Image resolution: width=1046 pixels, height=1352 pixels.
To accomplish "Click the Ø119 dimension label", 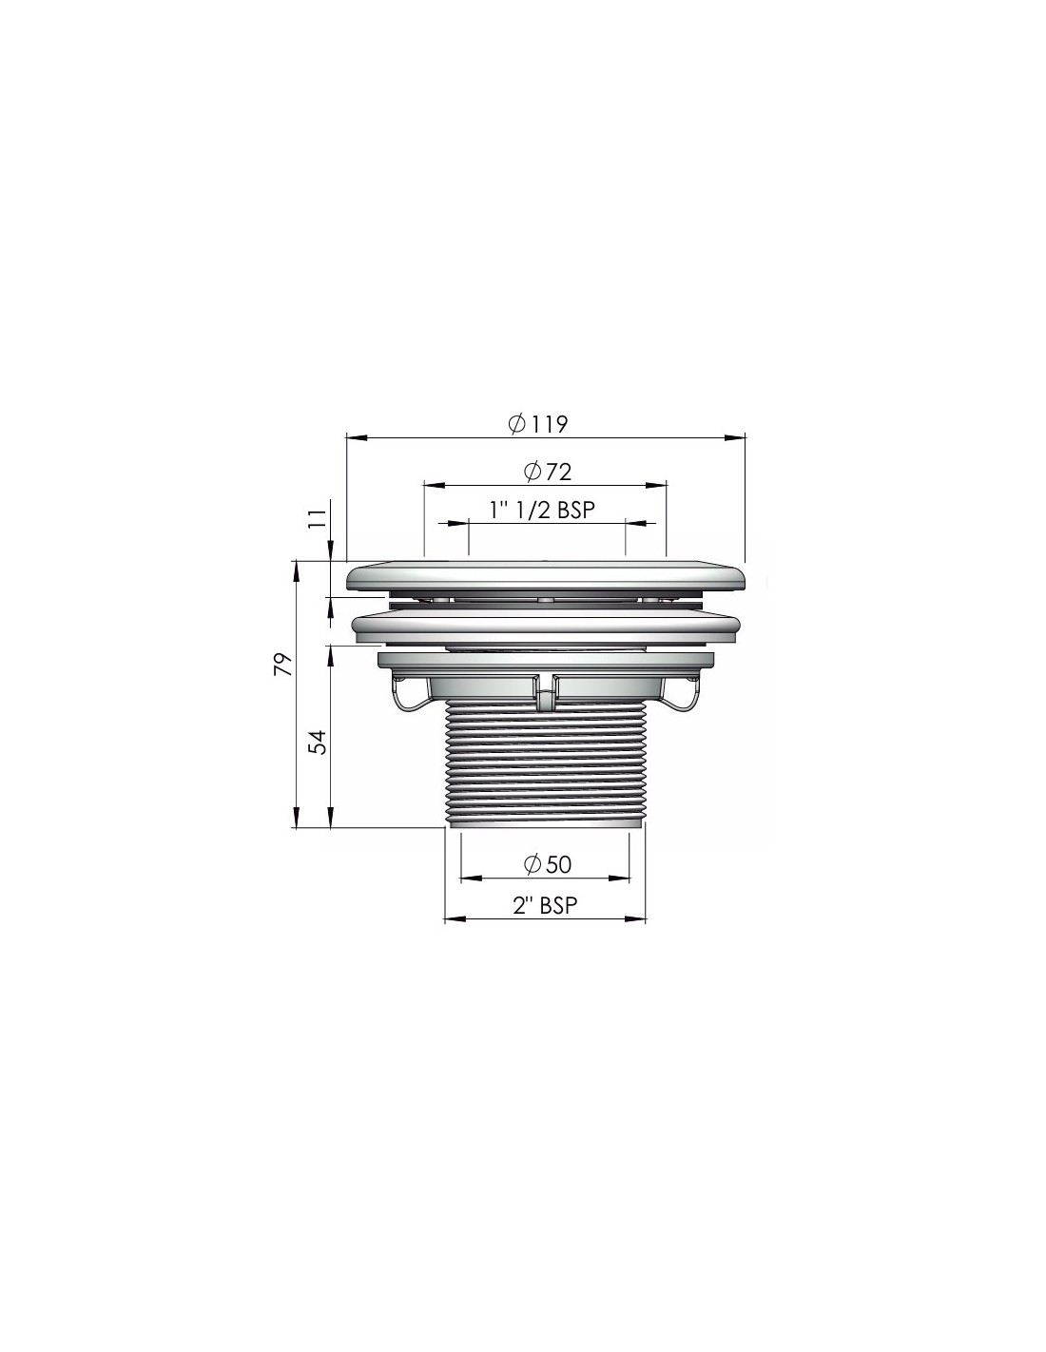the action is pyautogui.click(x=537, y=424).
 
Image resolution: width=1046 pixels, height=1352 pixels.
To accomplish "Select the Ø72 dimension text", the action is pyautogui.click(x=547, y=472).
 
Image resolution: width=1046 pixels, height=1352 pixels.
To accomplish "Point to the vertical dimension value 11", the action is pyautogui.click(x=318, y=517).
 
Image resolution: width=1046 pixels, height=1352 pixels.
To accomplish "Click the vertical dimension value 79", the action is pyautogui.click(x=283, y=665).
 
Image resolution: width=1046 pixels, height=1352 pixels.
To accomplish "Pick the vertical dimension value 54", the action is pyautogui.click(x=318, y=743).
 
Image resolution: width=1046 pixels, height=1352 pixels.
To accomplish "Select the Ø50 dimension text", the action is pyautogui.click(x=547, y=864).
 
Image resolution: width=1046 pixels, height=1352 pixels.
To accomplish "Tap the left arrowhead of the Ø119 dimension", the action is pyautogui.click(x=355, y=438).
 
